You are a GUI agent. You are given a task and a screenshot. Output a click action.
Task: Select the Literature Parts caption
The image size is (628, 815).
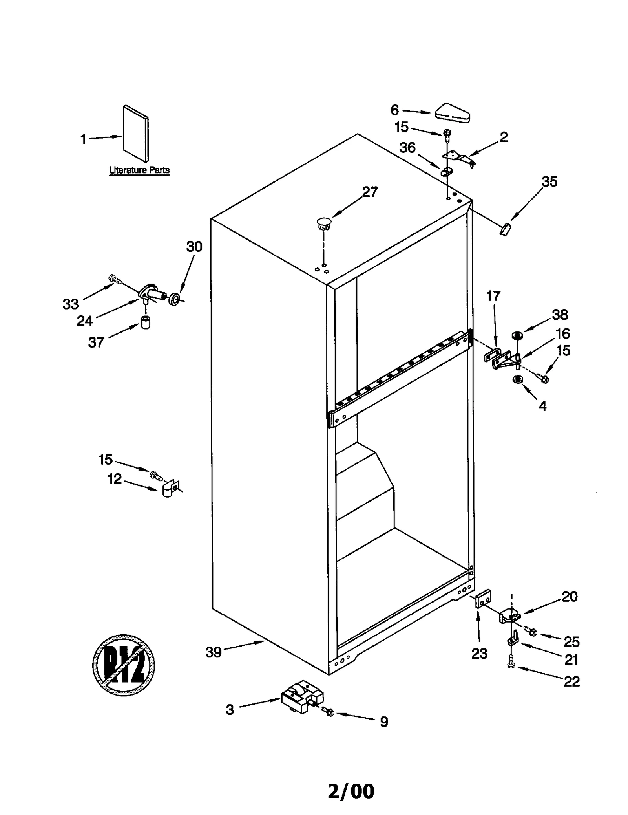[139, 170]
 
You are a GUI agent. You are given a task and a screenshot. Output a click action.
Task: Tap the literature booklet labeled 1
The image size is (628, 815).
[135, 134]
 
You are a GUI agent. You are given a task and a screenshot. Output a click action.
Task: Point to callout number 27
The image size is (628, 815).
[369, 192]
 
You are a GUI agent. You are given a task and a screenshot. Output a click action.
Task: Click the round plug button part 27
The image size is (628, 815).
[323, 223]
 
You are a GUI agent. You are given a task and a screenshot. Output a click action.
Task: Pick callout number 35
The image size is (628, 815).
[549, 182]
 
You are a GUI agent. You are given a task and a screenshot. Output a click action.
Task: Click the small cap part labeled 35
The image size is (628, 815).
[505, 229]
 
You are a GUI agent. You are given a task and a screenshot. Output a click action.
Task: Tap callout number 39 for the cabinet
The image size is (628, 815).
[214, 652]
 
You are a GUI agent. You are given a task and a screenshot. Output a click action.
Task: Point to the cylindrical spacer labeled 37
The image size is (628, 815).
[146, 322]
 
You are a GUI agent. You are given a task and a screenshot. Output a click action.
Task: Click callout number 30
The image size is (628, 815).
[194, 247]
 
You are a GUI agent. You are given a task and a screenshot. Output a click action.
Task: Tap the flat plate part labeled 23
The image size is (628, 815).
[483, 599]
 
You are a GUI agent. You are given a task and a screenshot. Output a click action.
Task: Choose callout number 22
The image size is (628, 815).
[571, 681]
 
